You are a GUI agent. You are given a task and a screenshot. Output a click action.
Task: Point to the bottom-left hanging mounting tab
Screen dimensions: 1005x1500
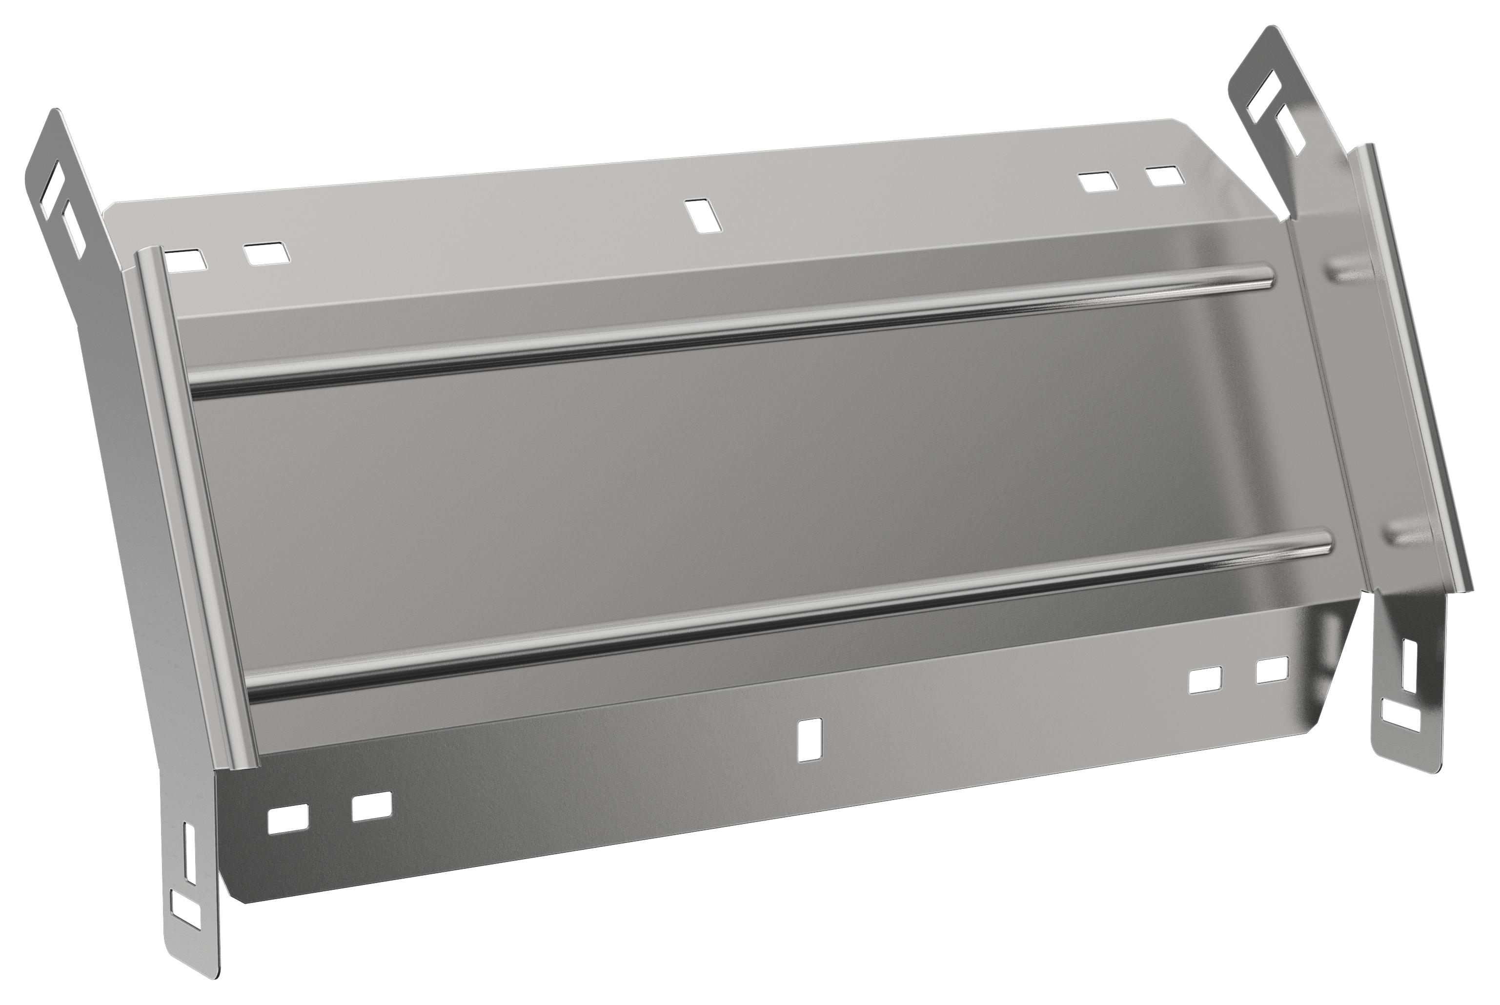coord(189,878)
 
